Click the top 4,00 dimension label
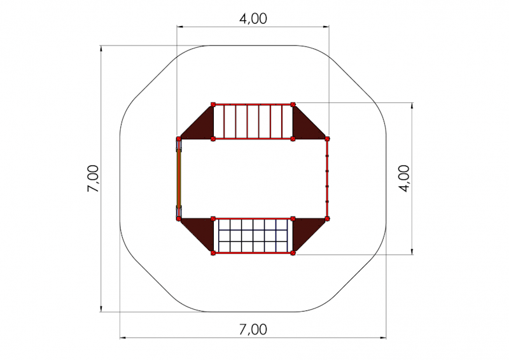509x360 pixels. click(253, 18)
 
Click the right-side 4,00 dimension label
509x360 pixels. click(405, 178)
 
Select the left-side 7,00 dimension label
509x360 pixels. click(93, 178)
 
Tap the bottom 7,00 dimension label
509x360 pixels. click(253, 329)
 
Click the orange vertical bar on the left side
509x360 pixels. click(179, 178)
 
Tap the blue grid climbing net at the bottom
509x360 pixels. click(253, 236)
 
